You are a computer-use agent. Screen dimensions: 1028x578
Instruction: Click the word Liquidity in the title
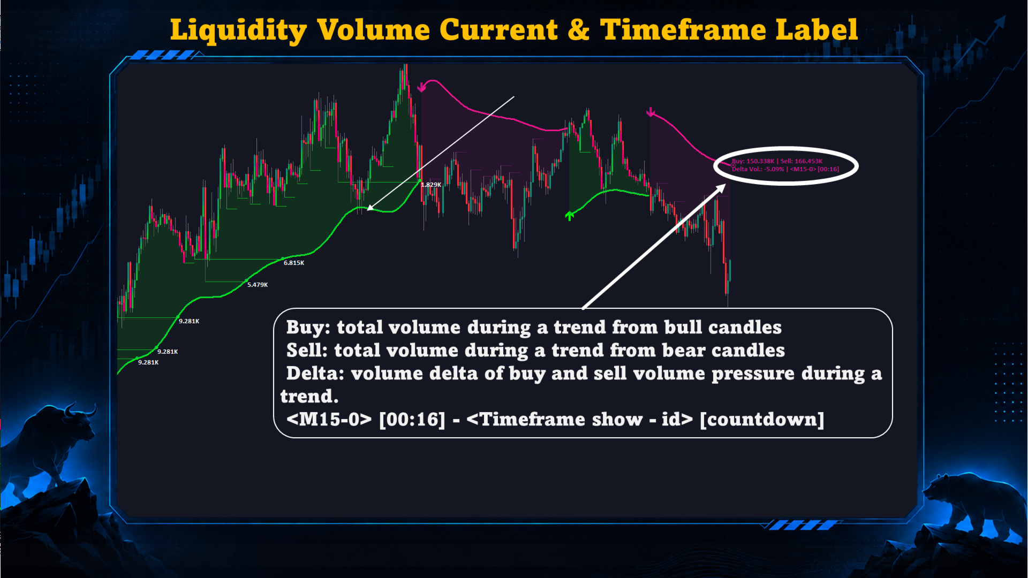pyautogui.click(x=238, y=31)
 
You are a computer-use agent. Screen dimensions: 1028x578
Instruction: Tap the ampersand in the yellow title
pyautogui.click(x=578, y=29)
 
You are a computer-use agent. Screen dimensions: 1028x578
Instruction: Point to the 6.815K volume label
pyautogui.click(x=294, y=263)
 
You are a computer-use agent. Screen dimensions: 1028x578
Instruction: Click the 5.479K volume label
pyautogui.click(x=258, y=285)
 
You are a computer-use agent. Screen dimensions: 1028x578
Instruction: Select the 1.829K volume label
pyautogui.click(x=431, y=185)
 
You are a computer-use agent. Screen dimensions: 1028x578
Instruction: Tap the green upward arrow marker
pyautogui.click(x=570, y=216)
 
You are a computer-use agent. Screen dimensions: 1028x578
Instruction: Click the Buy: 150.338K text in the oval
pyautogui.click(x=753, y=161)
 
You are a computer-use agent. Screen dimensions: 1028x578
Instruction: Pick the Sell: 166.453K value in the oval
pyautogui.click(x=802, y=161)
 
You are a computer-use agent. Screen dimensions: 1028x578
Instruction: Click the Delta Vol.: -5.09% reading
pyautogui.click(x=758, y=169)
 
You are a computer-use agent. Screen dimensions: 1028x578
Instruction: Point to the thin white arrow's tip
pyautogui.click(x=368, y=209)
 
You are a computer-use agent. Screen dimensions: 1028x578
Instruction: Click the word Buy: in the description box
pyautogui.click(x=308, y=328)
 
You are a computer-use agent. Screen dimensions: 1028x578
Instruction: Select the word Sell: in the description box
pyautogui.click(x=307, y=351)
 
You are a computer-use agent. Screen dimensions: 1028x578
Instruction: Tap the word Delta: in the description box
pyautogui.click(x=315, y=374)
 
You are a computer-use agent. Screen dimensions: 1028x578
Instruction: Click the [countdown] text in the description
pyautogui.click(x=762, y=420)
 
